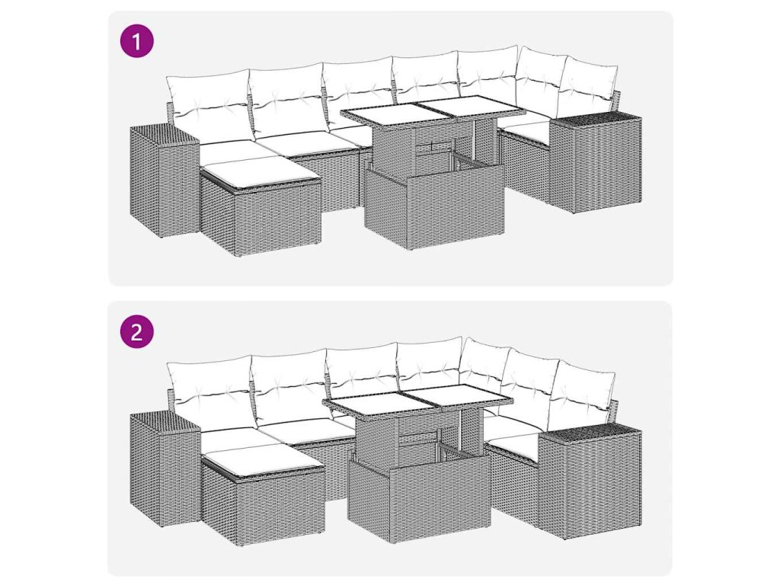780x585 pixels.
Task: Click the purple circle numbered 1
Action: click(137, 40)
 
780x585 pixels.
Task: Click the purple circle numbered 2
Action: click(137, 331)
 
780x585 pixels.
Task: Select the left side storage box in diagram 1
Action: click(165, 181)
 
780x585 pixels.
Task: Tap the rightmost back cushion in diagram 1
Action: click(587, 92)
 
